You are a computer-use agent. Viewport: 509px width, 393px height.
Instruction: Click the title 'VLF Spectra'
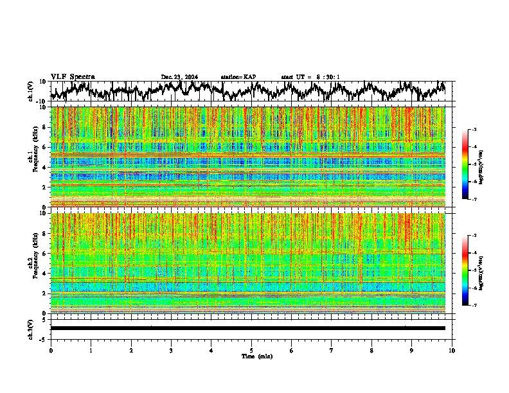pos(73,77)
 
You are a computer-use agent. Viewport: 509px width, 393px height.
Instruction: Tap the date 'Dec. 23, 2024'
pos(179,77)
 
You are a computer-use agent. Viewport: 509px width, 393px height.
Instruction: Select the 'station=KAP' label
pos(238,77)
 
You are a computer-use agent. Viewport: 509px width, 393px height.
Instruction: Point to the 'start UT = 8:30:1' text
pos(310,77)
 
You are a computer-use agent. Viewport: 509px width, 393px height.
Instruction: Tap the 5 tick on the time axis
pos(251,350)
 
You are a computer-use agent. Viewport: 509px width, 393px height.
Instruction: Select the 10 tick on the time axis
pos(452,350)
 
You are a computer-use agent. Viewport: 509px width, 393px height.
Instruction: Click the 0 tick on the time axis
pos(51,350)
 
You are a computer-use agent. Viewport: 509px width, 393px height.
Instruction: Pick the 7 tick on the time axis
pos(332,350)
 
